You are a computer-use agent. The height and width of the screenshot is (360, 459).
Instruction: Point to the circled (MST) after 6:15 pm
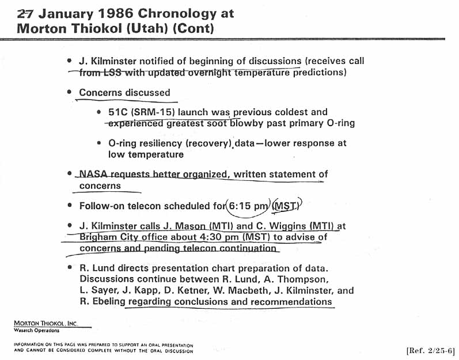click(x=286, y=205)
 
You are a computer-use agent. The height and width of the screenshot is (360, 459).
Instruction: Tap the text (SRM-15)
click(x=154, y=112)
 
